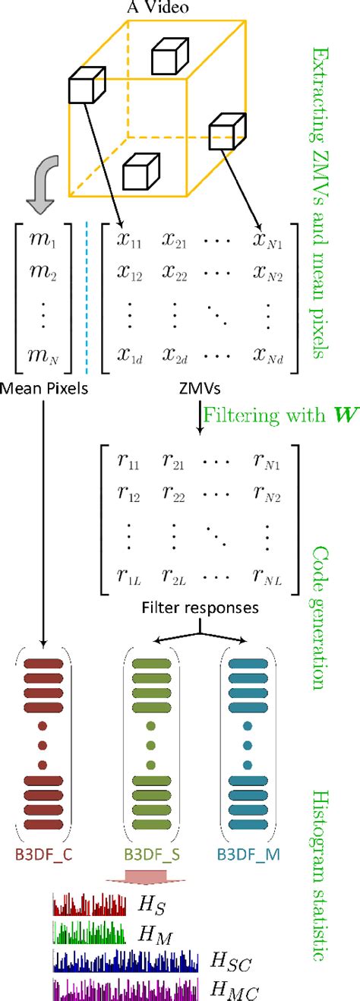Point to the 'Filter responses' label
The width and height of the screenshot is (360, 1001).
pyautogui.click(x=200, y=609)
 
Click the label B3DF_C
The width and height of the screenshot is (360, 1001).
pyautogui.click(x=42, y=854)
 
